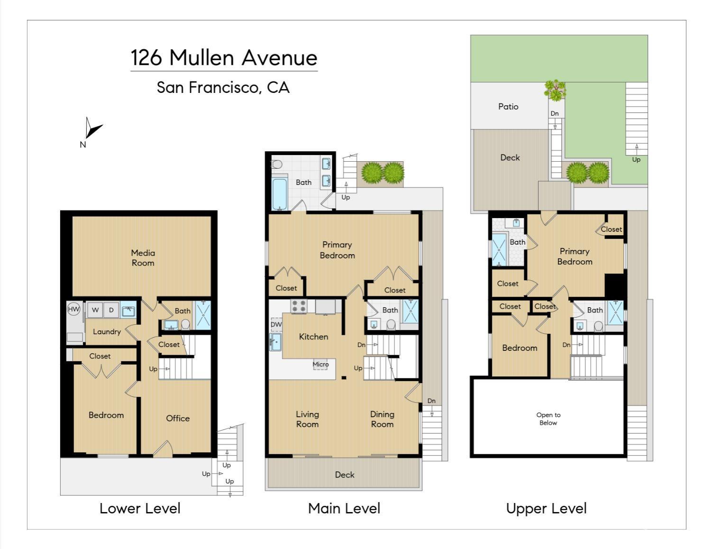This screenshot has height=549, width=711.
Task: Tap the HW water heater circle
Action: point(73,309)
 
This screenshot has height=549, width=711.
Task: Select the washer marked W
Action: point(95,310)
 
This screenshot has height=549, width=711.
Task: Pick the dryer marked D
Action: point(111,310)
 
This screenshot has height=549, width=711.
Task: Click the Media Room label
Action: point(143,258)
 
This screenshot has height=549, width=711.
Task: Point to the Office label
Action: point(178,418)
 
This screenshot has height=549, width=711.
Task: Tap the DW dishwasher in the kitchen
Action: point(276,325)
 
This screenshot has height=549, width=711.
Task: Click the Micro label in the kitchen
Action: point(320,364)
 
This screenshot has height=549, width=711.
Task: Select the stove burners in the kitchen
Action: point(299,306)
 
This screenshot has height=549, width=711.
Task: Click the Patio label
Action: point(508,107)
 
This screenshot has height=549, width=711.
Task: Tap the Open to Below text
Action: point(548,419)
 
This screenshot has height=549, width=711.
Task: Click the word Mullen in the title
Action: point(201,58)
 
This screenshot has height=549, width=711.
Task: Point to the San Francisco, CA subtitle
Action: point(223,88)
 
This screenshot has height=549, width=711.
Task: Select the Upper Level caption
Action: point(547,509)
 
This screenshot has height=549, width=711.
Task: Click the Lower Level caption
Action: point(140,509)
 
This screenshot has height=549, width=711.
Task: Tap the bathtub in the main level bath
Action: point(280,194)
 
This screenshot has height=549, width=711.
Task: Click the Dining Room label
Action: point(382,419)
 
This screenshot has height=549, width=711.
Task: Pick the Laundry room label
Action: point(107,332)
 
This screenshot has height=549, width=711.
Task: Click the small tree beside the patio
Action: point(555,90)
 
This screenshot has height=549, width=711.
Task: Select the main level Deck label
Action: point(345,475)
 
